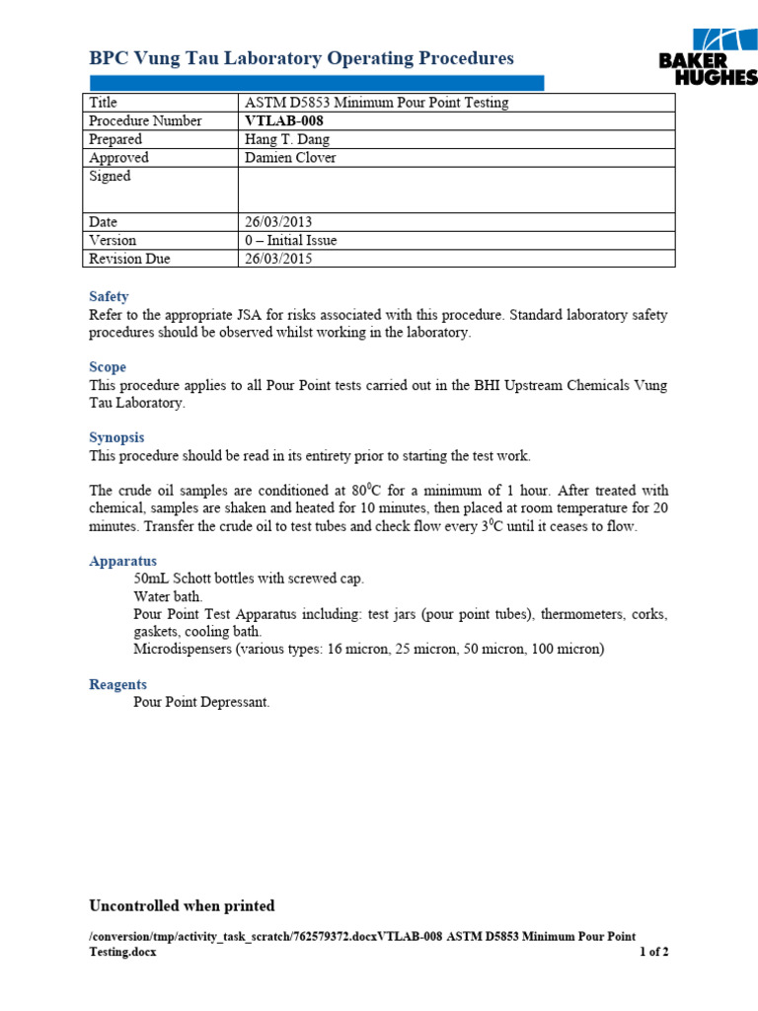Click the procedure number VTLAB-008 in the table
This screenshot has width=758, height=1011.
[x=283, y=120]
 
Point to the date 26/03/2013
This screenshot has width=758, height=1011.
[x=278, y=222]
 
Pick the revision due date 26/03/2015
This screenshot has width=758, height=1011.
[x=278, y=259]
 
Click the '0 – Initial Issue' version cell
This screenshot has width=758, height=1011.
[x=290, y=240]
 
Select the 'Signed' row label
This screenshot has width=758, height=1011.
[x=110, y=176]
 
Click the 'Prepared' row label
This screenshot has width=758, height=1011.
[x=115, y=139]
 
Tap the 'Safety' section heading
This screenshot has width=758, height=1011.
[x=109, y=296]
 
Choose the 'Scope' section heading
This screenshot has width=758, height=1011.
[x=108, y=367]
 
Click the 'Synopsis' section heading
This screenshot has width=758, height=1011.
[x=116, y=437]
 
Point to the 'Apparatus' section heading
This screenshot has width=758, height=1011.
[x=122, y=561]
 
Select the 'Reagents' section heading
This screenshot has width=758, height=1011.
[x=117, y=684]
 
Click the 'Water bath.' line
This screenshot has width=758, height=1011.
[x=168, y=596]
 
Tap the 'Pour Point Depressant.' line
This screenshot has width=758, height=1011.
[x=201, y=702]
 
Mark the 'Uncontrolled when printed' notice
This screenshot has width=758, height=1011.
[x=182, y=905]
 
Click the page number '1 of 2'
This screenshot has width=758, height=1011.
[x=653, y=953]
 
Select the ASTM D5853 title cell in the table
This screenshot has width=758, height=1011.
[x=376, y=103]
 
